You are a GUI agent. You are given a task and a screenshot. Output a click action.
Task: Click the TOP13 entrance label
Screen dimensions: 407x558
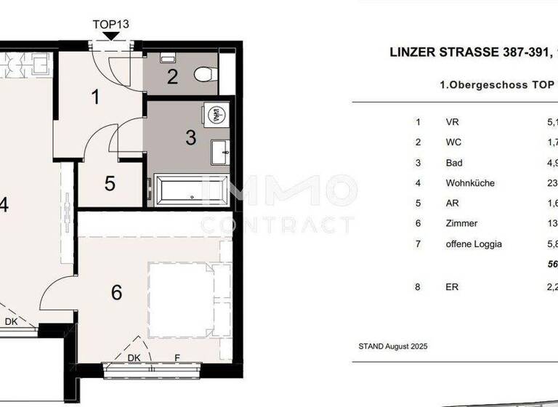111,23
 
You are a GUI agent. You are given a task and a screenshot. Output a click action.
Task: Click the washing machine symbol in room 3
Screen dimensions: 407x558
216,116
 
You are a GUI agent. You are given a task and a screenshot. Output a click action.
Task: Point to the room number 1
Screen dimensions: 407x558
95,97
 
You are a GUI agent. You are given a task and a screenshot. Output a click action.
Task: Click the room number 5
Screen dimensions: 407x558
110,183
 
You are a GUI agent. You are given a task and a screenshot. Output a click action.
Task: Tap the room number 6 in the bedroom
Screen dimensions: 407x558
116,293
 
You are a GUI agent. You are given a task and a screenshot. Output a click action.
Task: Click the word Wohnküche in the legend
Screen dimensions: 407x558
470,183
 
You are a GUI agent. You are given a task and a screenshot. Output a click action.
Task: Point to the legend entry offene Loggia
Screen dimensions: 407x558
474,244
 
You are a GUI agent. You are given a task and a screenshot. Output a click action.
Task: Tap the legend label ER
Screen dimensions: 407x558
451,287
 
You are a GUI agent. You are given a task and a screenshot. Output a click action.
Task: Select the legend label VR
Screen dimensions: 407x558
452,122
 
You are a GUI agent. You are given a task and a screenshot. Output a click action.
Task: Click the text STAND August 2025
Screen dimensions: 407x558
392,347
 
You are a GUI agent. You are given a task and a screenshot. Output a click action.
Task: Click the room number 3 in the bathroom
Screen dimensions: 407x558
190,137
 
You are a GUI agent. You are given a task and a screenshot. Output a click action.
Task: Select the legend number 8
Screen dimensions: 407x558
418,287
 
